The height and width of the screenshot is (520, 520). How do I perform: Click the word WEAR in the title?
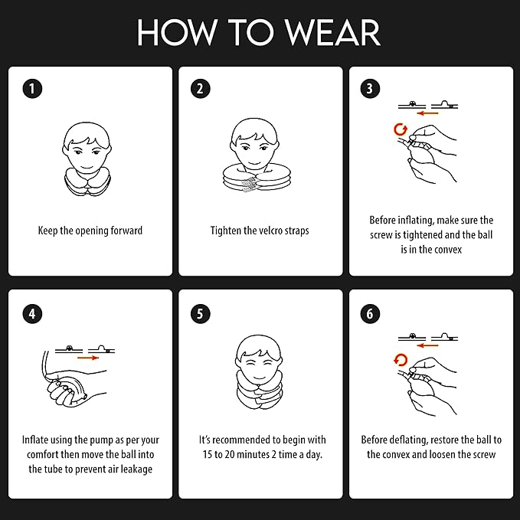point(332,32)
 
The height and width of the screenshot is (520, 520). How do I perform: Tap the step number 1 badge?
point(32,89)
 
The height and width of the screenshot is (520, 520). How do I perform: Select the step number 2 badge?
point(201,89)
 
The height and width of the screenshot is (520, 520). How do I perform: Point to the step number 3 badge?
point(370,89)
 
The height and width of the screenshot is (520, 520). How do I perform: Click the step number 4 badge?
point(32,314)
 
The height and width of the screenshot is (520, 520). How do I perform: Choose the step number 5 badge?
point(201,314)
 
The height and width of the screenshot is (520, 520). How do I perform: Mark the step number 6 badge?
point(370,314)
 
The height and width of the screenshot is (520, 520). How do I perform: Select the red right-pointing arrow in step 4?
point(88,358)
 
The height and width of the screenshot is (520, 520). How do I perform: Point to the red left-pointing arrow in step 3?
point(428,113)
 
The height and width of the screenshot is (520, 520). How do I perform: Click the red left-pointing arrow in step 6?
point(428,345)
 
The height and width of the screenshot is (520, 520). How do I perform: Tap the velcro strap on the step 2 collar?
point(250,185)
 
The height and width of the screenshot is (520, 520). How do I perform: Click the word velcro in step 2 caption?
point(271,231)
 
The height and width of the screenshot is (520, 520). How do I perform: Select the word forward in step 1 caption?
point(126,231)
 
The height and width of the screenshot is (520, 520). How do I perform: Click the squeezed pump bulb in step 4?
point(71,390)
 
